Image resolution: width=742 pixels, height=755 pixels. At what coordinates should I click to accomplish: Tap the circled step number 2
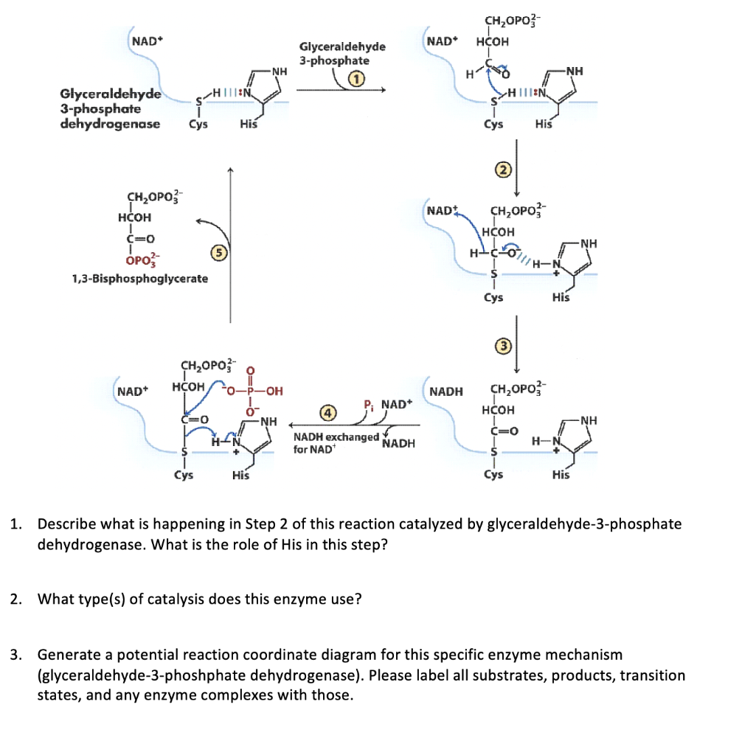pyautogui.click(x=502, y=170)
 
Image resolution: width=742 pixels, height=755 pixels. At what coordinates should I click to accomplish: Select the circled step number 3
pyautogui.click(x=502, y=345)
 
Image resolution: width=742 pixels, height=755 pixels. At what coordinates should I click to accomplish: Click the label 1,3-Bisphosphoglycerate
pyautogui.click(x=140, y=279)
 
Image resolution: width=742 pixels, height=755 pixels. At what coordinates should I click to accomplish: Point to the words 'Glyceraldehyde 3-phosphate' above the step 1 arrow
pyautogui.click(x=342, y=53)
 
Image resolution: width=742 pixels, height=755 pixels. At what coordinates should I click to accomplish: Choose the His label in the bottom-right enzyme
pyautogui.click(x=561, y=475)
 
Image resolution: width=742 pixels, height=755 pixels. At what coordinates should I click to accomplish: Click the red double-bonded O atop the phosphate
pyautogui.click(x=250, y=369)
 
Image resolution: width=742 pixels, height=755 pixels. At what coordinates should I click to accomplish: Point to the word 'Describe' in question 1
pyautogui.click(x=66, y=525)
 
